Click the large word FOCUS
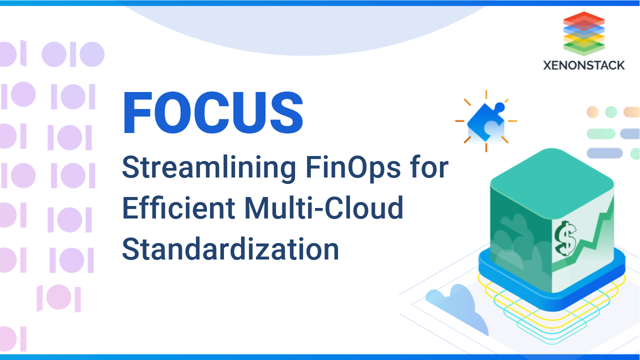point(213,113)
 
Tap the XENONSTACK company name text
point(584,65)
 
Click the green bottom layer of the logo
point(584,47)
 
